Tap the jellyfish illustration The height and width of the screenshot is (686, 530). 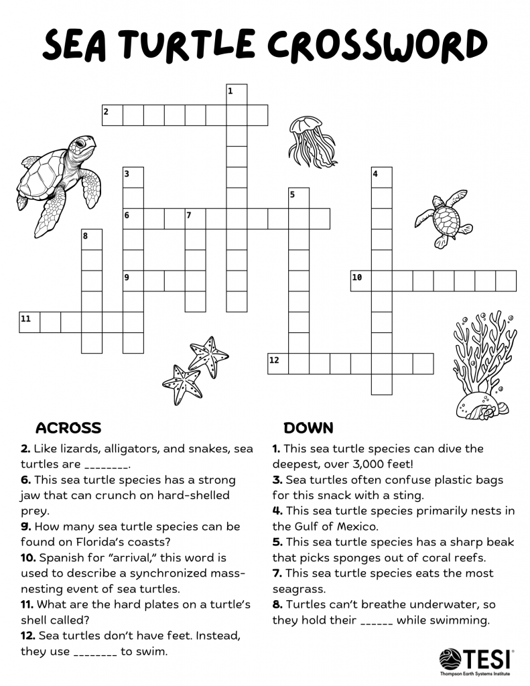pos(312,141)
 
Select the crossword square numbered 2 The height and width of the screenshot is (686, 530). pos(113,115)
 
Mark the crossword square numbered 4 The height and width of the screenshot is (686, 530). pos(382,178)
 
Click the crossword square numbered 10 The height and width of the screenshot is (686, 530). pos(361,281)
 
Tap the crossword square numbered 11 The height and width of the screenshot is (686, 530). pos(29,322)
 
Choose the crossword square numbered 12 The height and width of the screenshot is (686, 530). pos(278,363)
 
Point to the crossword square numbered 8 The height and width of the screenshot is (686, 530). pos(92,240)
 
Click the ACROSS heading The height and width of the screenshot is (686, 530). pos(68,427)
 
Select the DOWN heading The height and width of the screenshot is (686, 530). pos(308,427)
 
